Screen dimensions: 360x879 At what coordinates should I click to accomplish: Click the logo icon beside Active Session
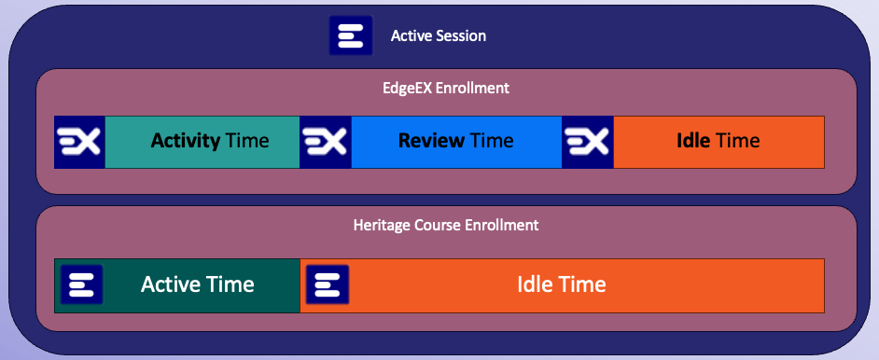pyautogui.click(x=351, y=36)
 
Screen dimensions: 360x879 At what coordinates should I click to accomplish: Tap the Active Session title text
pyautogui.click(x=439, y=36)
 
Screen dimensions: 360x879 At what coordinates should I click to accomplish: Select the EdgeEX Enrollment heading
pyautogui.click(x=446, y=89)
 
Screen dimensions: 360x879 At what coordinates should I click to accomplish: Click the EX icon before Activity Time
pyautogui.click(x=79, y=142)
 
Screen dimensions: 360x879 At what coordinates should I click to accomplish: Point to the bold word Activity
pyautogui.click(x=185, y=142)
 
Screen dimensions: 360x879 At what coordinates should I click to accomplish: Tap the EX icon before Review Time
pyautogui.click(x=326, y=142)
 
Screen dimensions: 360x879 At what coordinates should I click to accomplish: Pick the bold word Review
pyautogui.click(x=431, y=142)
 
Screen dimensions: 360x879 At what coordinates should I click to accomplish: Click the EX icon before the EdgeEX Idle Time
pyautogui.click(x=587, y=142)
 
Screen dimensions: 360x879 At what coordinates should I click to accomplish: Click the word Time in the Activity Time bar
pyautogui.click(x=247, y=142)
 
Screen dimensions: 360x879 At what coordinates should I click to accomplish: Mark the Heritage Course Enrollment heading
pyautogui.click(x=446, y=225)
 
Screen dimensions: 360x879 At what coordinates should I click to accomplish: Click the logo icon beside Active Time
pyautogui.click(x=81, y=284)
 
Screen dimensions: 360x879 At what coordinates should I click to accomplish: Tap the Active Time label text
pyautogui.click(x=198, y=284)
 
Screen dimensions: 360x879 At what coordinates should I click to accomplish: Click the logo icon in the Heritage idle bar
pyautogui.click(x=328, y=284)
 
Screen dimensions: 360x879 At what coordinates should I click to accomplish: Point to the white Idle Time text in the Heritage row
pyautogui.click(x=562, y=284)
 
